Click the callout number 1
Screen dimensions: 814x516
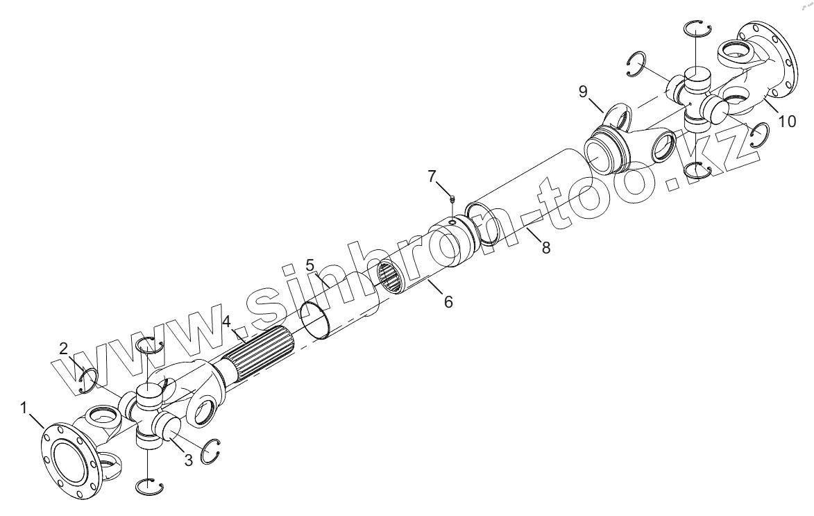coord(25,408)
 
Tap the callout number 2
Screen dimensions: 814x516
coord(64,349)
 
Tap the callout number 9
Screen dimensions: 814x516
coord(584,91)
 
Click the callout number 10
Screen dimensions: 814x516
coord(786,121)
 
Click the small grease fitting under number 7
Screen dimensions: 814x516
coord(452,199)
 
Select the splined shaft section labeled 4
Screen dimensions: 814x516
coord(264,354)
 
